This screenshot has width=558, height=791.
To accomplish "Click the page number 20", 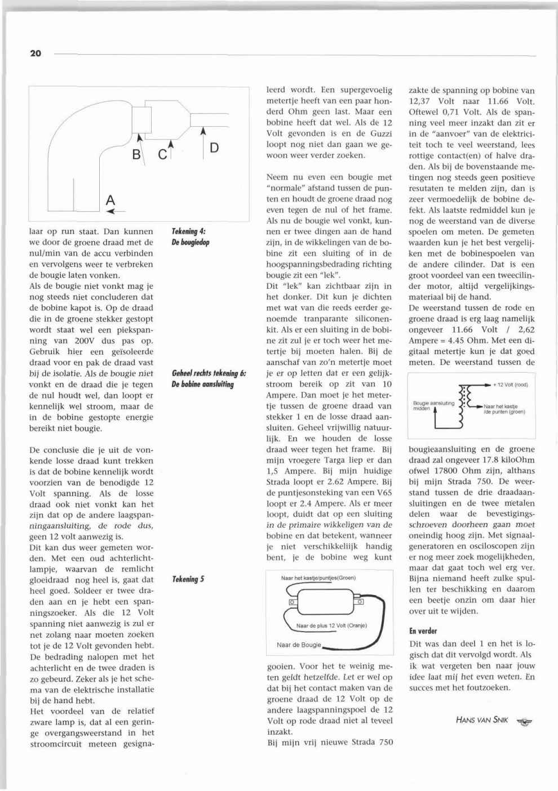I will [x=35, y=53].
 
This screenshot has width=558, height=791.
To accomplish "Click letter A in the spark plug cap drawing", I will [x=110, y=200].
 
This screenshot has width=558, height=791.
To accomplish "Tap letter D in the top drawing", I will [x=214, y=148].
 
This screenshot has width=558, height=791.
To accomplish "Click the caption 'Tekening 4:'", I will [x=188, y=231].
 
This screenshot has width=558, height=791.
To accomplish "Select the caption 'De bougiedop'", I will [x=191, y=242].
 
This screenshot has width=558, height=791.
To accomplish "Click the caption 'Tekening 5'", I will [x=188, y=579].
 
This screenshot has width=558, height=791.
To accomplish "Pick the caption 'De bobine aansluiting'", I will [x=202, y=385].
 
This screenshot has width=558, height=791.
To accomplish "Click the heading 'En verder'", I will [x=423, y=631].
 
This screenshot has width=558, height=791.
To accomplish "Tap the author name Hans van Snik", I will [x=481, y=720].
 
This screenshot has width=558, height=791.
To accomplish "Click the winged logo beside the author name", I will [x=524, y=721].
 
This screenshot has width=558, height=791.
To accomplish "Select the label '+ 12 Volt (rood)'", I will [x=510, y=385].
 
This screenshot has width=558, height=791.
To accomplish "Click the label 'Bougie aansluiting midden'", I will [x=433, y=406].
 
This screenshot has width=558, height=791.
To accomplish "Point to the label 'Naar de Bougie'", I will [x=299, y=645].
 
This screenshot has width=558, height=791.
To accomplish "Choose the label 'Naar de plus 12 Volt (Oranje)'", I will [x=331, y=625].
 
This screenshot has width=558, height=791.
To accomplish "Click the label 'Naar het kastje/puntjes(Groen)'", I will [x=318, y=578].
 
